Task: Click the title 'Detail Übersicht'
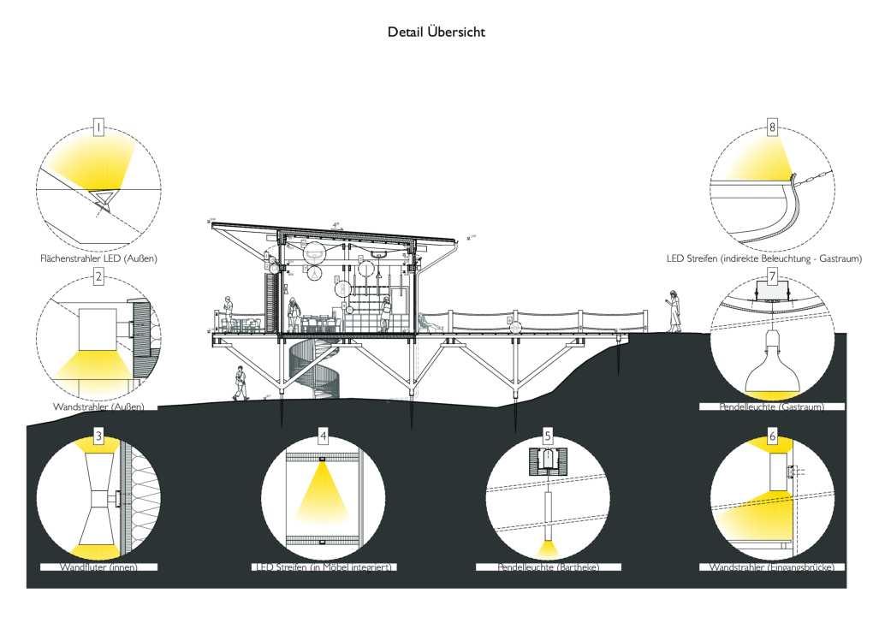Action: click(x=436, y=32)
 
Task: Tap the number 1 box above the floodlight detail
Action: click(x=99, y=129)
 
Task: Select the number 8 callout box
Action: click(x=773, y=129)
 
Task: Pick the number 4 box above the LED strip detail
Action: click(x=323, y=436)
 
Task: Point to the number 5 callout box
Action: click(x=548, y=436)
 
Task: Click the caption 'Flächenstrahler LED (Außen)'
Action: click(x=99, y=258)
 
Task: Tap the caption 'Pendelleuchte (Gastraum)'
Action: click(x=773, y=407)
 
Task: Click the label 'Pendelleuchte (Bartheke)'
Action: click(x=548, y=567)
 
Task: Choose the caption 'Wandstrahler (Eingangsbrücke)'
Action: click(x=773, y=567)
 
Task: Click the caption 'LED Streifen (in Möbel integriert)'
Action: click(x=323, y=567)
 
